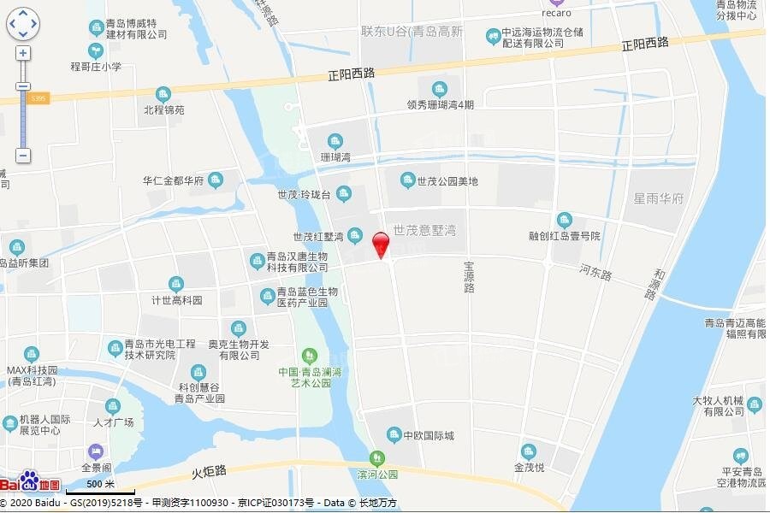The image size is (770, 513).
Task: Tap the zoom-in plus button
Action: click(x=23, y=53)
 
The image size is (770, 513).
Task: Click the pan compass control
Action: click(x=23, y=23)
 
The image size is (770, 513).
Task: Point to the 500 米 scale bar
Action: click(x=101, y=488)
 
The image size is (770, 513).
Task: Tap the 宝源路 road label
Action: click(x=469, y=277)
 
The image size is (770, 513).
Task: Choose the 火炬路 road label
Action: click(x=209, y=470)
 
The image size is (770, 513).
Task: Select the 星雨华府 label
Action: click(x=658, y=199)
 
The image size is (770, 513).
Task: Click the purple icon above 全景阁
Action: click(x=95, y=451)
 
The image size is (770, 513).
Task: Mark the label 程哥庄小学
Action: click(x=96, y=66)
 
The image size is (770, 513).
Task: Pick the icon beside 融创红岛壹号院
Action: click(x=564, y=220)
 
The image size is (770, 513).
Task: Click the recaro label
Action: click(x=556, y=13)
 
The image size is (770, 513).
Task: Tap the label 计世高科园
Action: click(x=177, y=300)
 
